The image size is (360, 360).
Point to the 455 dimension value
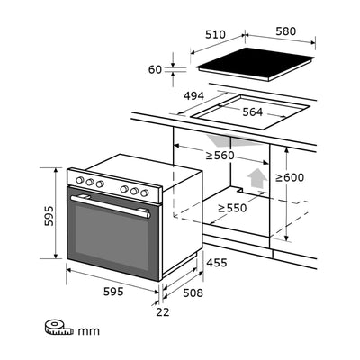[215, 263]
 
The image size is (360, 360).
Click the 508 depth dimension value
[193, 292]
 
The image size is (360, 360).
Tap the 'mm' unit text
[88, 331]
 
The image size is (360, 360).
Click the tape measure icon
[58, 329]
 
